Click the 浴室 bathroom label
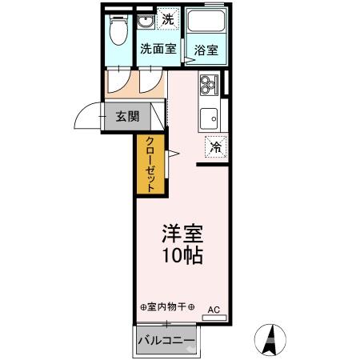(x=206, y=50)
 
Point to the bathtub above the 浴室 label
(x=205, y=24)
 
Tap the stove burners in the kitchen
(x=209, y=83)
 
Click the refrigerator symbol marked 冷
(x=214, y=146)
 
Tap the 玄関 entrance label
(x=126, y=116)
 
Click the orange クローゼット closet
(x=150, y=164)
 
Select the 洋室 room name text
(x=182, y=235)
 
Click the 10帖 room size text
(x=182, y=257)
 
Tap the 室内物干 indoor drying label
(x=166, y=306)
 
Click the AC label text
(x=214, y=308)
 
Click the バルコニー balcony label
(x=166, y=341)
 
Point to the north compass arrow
(x=271, y=338)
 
